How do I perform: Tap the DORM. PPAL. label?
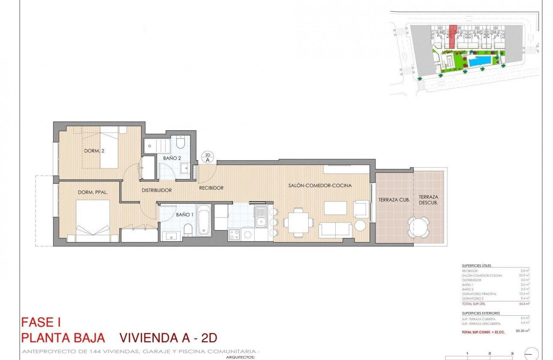[93, 192]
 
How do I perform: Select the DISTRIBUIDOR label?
[157, 190]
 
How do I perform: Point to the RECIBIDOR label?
[211, 188]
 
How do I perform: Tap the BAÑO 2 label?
[172, 158]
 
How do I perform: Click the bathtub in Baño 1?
[204, 220]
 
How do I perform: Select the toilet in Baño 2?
[180, 141]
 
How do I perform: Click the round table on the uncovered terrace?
[418, 226]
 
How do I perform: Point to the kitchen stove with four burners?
[234, 235]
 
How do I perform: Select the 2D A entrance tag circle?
[207, 157]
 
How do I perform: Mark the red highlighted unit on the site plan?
[452, 36]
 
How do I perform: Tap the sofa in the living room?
[336, 230]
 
